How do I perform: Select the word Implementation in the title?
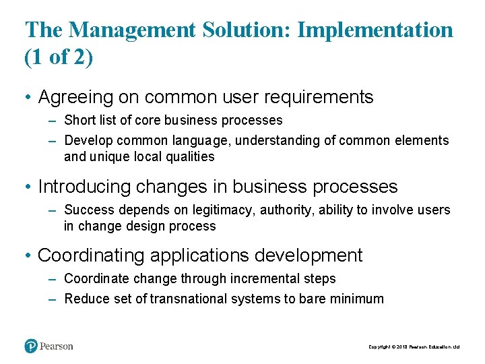click(375, 30)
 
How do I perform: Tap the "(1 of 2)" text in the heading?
click(59, 58)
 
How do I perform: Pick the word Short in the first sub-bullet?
click(79, 121)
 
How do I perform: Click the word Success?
click(88, 210)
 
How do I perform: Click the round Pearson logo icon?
click(31, 346)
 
